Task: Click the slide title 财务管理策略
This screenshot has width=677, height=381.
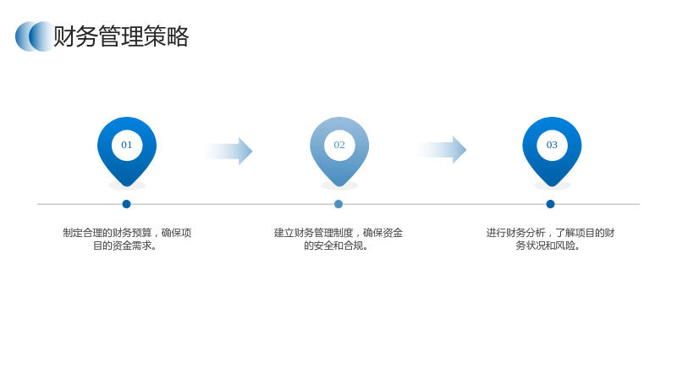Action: coord(121,36)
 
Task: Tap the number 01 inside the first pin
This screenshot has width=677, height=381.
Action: coord(126,145)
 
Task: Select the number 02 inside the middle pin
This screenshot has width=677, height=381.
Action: coord(339,145)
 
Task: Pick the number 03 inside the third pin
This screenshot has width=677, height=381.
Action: coord(552,145)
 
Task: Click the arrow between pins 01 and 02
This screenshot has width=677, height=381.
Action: coord(227,152)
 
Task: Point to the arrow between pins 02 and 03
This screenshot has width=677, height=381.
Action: coord(440,150)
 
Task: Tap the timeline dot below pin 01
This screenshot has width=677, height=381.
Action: coord(126,204)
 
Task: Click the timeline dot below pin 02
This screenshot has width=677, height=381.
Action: coord(338,204)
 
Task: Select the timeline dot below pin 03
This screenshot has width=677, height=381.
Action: coord(551,204)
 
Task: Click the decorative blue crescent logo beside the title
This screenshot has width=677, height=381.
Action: coord(35,36)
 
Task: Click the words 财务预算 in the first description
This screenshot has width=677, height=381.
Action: coord(132,233)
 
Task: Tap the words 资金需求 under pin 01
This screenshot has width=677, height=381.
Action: coord(133,246)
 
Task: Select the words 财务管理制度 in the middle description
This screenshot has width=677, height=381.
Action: coord(324,233)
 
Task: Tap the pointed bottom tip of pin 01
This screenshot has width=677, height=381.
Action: coord(127,186)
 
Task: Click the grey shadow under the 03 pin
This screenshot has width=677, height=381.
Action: coord(553,185)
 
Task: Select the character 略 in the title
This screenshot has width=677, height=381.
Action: coord(178,36)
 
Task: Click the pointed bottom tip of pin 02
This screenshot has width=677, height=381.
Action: coord(339,186)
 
